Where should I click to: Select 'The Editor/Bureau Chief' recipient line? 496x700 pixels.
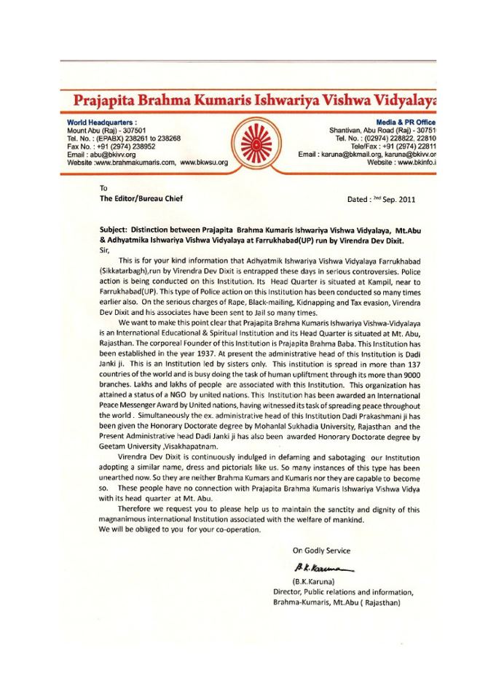(141, 198)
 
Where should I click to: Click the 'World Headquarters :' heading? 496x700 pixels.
(102, 122)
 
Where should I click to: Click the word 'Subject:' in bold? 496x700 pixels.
(114, 228)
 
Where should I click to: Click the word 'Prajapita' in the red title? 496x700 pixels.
(107, 100)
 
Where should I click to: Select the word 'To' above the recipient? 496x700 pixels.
(103, 188)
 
